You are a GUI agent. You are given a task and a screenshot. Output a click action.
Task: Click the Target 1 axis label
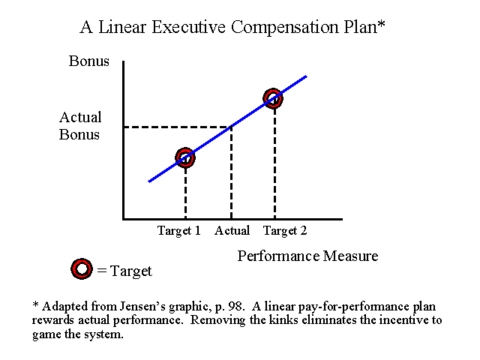pos(179,230)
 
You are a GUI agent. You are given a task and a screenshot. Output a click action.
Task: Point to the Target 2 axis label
pos(285,230)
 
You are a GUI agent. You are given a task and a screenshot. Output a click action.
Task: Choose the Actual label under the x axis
pos(232,230)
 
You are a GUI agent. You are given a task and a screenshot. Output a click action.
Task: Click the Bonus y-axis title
pos(88,61)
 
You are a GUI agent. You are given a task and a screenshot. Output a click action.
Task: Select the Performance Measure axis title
pos(307,256)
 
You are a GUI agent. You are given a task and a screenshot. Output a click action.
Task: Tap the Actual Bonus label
pos(80,126)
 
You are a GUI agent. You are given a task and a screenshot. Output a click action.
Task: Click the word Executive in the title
pos(188,27)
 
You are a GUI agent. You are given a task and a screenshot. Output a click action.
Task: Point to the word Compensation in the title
pos(285,28)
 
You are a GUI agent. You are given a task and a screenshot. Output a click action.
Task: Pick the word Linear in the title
pos(122,27)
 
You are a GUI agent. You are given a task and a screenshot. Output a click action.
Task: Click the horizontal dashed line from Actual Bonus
pos(177,127)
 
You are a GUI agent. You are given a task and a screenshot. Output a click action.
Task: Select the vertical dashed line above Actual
pos(231,172)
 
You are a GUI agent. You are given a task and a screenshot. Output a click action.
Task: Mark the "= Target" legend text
pos(124,271)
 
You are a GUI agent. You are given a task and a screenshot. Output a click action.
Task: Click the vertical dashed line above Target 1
pos(185,193)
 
